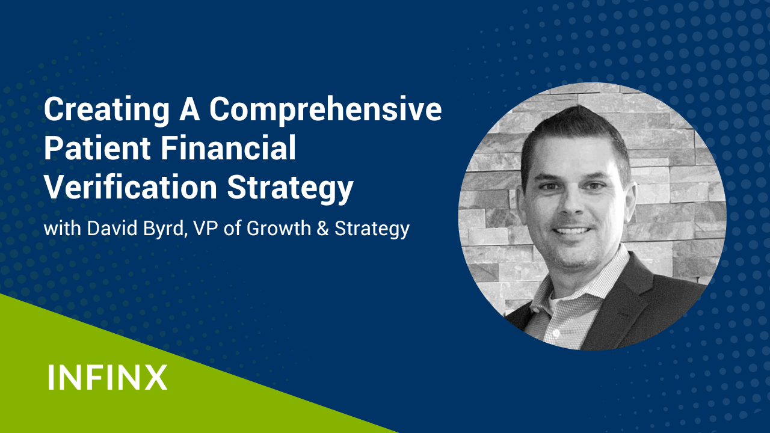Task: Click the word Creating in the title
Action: point(106,111)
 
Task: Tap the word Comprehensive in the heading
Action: point(325,111)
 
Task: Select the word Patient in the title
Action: point(97,148)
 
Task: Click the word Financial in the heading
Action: point(228,148)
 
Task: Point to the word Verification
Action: point(131,186)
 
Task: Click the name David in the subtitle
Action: point(112,228)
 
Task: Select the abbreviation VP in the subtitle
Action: point(206,228)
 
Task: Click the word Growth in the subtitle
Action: point(279,228)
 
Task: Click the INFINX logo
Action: point(108,377)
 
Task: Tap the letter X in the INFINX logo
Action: point(156,377)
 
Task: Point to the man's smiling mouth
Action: point(571,231)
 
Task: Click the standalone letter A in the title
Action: point(189,110)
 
